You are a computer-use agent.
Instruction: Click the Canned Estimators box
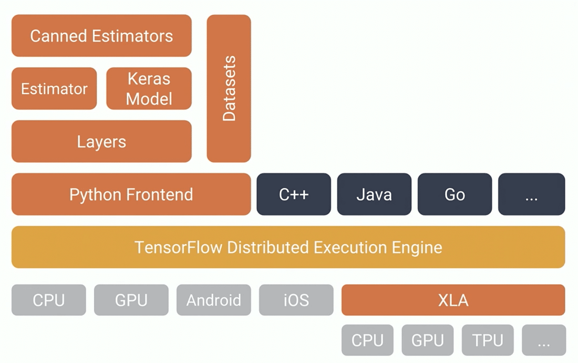click(102, 36)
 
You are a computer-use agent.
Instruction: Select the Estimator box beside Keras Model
click(54, 89)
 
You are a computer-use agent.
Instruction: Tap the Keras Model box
click(149, 89)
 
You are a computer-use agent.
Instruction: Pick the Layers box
click(102, 141)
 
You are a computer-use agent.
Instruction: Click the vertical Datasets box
click(229, 89)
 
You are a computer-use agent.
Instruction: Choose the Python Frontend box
click(131, 194)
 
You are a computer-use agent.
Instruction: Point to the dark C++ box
click(294, 194)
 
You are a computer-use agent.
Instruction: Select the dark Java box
click(374, 194)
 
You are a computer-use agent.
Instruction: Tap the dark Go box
click(455, 194)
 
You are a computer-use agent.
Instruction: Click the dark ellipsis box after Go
click(531, 194)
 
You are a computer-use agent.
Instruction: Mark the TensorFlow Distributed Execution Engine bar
click(288, 247)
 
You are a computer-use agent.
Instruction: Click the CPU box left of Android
click(49, 300)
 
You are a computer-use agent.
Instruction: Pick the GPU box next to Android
click(131, 300)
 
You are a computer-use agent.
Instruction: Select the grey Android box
click(213, 300)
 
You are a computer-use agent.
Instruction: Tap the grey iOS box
click(296, 300)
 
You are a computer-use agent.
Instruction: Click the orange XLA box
click(453, 300)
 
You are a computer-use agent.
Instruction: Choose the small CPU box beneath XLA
click(367, 340)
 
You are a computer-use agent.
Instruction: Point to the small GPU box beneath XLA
click(427, 340)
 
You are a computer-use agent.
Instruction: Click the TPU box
click(488, 340)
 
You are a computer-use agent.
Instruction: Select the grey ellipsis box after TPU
click(544, 340)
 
